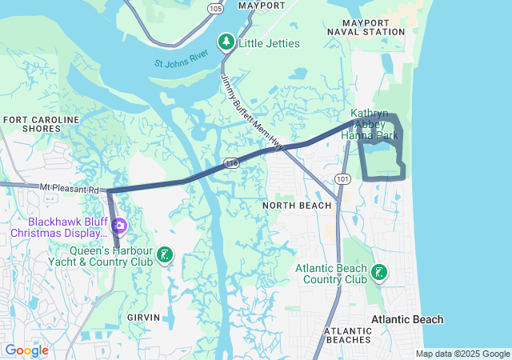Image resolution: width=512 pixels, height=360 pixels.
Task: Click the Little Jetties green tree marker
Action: click(227, 42)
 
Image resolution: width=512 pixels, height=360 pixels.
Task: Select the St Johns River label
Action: click(182, 58)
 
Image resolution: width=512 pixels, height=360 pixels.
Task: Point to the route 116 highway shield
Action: click(231, 162)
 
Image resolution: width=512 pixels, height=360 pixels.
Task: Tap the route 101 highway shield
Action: click(342, 178)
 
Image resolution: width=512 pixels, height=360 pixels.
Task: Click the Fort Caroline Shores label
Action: click(42, 124)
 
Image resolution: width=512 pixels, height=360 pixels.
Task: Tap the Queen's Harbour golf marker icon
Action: click(165, 255)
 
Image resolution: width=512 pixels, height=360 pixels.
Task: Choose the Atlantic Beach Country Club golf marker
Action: click(379, 274)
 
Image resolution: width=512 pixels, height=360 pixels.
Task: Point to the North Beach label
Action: click(297, 206)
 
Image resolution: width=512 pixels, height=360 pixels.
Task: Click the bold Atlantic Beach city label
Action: click(406, 320)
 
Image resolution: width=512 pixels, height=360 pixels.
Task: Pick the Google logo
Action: click(26, 350)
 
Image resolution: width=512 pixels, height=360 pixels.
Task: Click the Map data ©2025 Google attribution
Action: click(462, 354)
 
